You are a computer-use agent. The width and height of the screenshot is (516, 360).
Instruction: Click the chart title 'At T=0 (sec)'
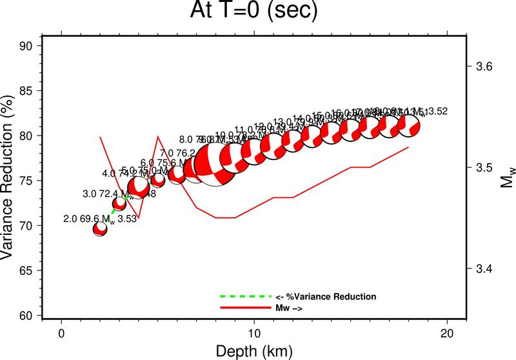(x=258, y=11)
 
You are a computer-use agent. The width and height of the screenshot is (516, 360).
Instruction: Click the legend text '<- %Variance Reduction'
(x=326, y=297)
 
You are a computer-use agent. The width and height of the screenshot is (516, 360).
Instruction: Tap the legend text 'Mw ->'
(x=290, y=309)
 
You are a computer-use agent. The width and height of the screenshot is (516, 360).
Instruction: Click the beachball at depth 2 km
(x=100, y=229)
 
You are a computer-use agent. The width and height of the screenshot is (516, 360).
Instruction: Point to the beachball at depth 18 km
(x=409, y=125)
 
